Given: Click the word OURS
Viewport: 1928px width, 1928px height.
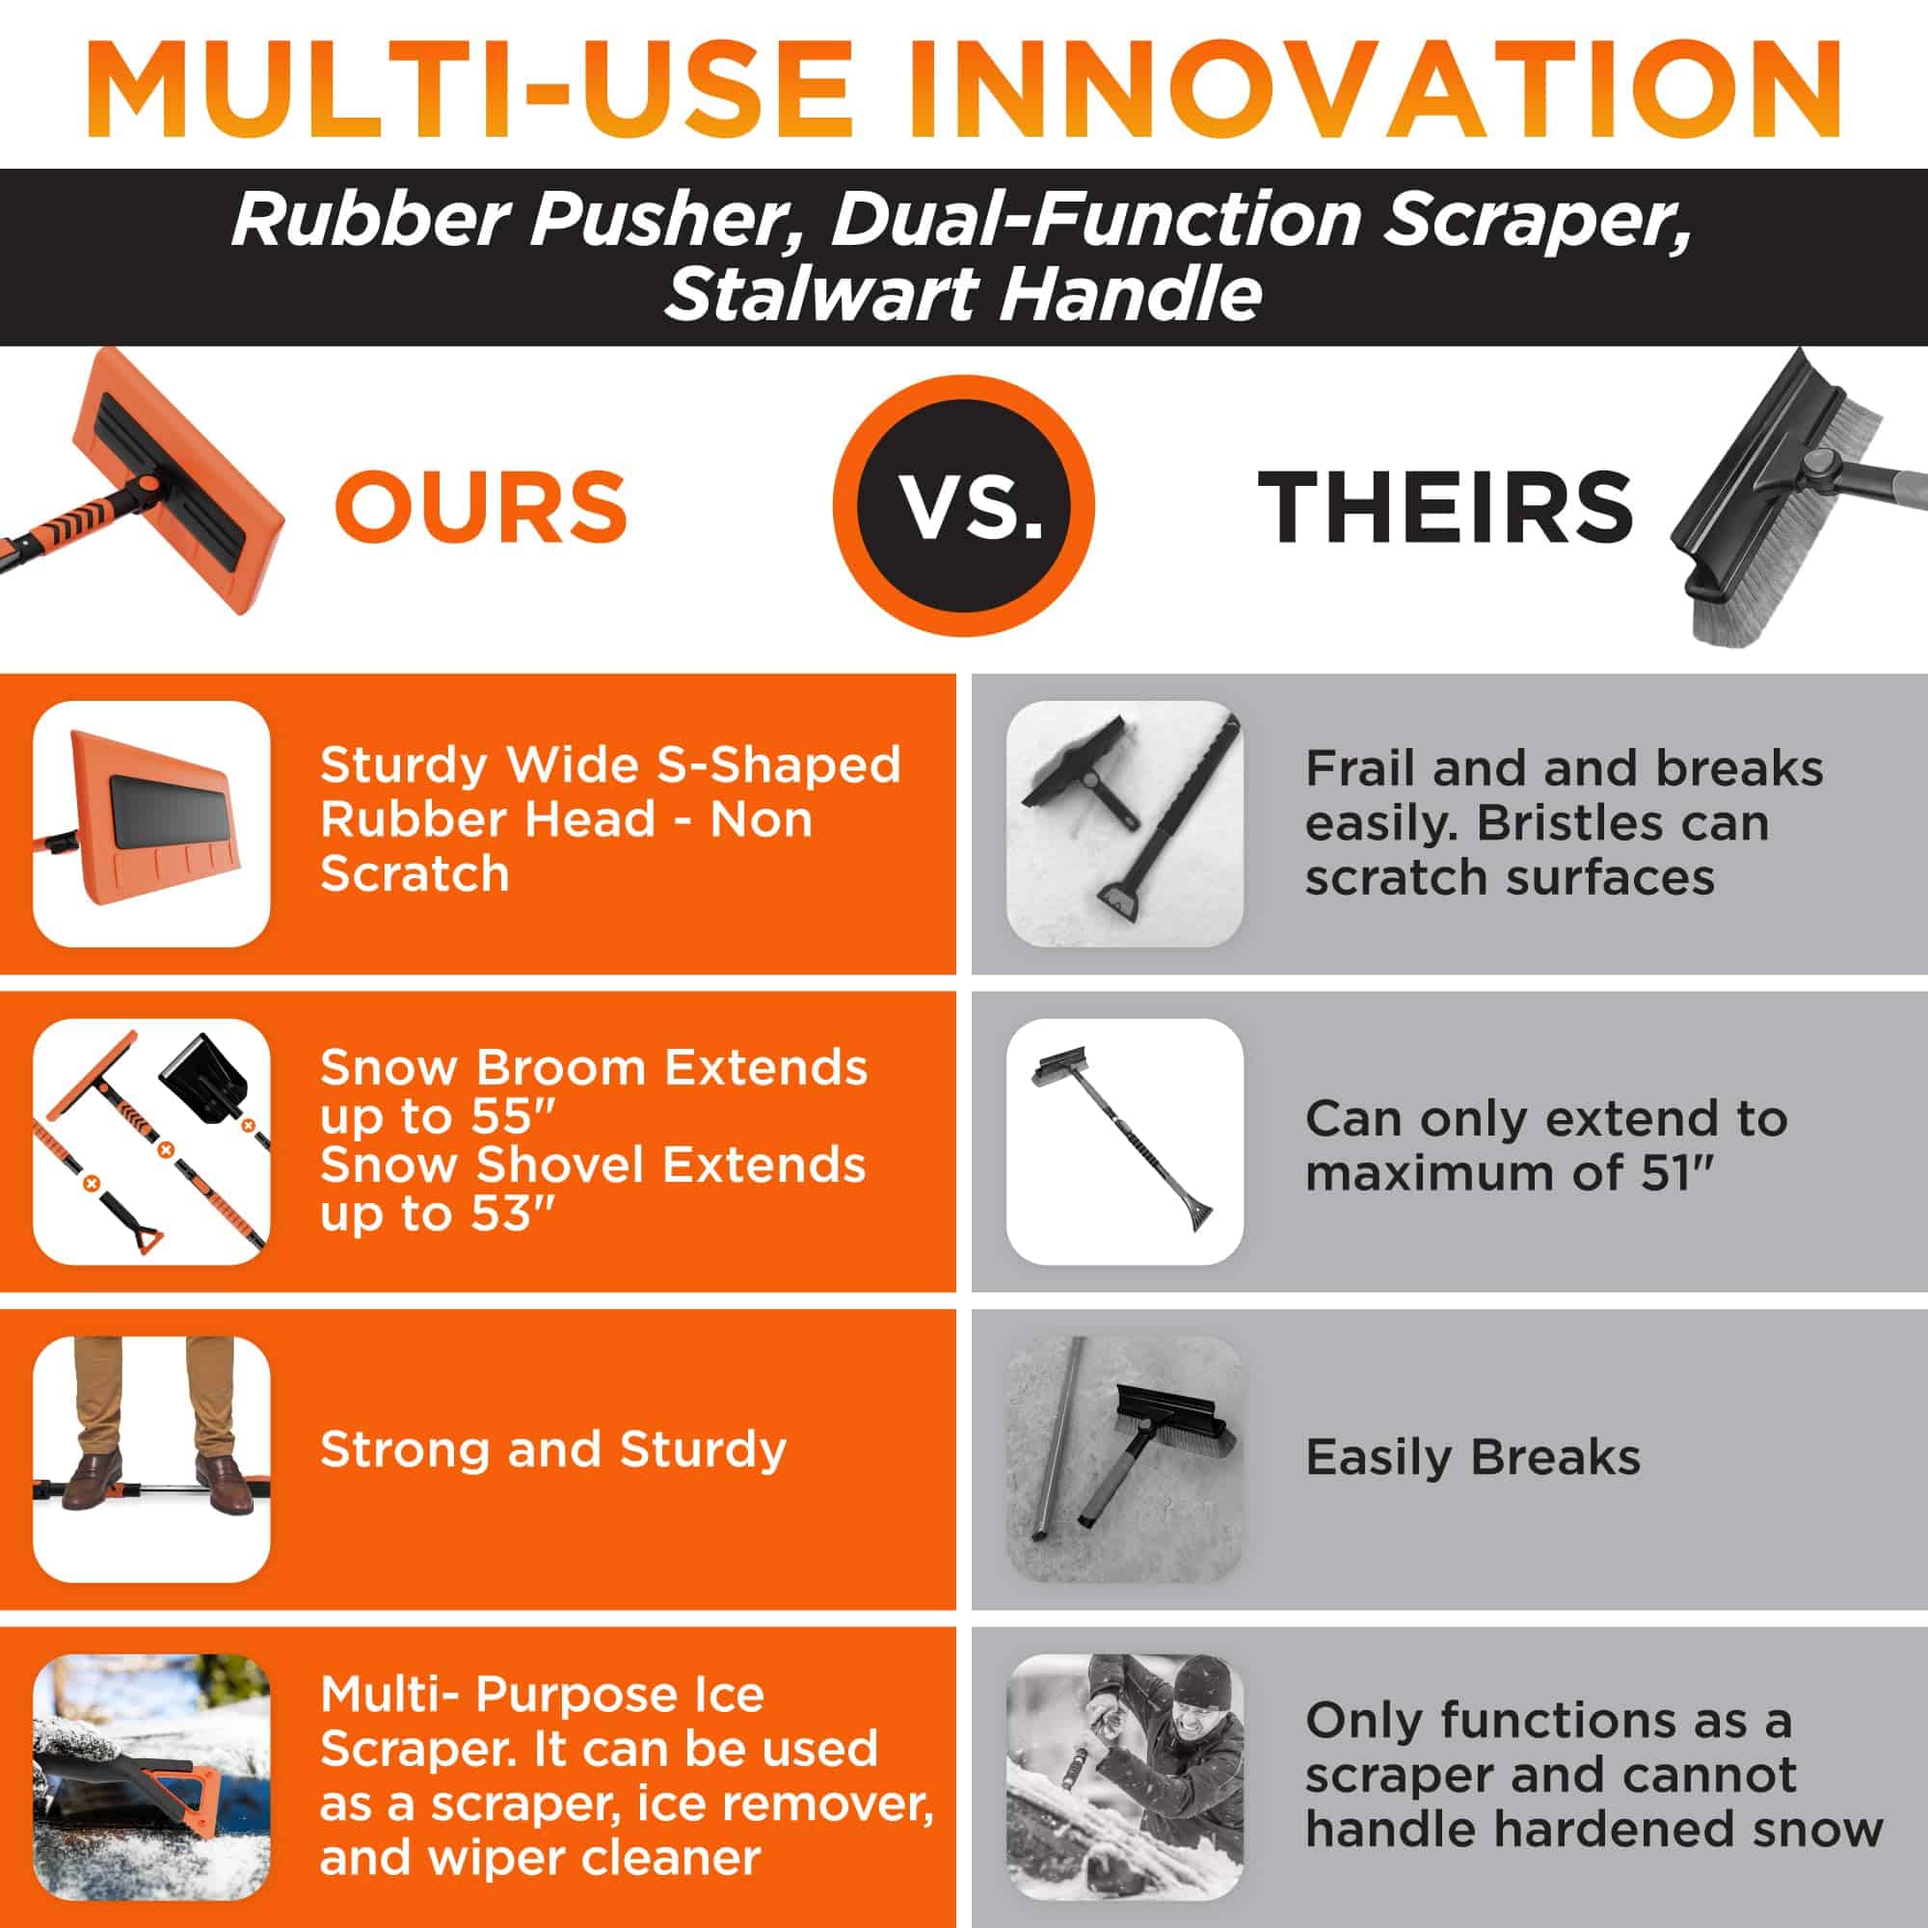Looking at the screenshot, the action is pos(481,506).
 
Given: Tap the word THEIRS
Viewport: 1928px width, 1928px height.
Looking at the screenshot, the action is pos(1445,506).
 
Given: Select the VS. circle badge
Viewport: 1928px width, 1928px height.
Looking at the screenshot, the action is pos(964,506).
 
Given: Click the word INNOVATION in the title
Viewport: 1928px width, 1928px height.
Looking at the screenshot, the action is pos(1377,90).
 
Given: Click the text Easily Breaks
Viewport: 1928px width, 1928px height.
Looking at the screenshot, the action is pos(1473,1457).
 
